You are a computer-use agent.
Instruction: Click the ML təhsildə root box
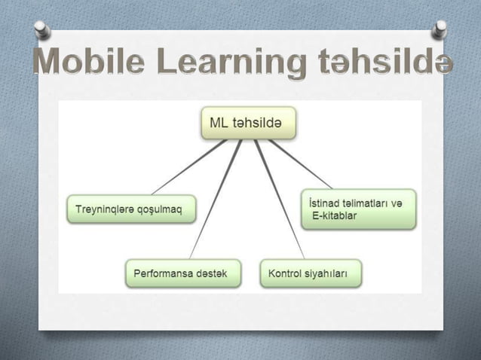coord(248,124)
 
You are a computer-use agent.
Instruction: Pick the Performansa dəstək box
coord(182,273)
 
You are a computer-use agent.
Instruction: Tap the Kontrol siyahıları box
coord(311,273)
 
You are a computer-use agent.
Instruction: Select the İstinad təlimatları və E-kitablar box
coord(358,209)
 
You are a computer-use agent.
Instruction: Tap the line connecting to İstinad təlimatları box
coord(302,164)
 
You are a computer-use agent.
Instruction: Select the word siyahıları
coord(326,273)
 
